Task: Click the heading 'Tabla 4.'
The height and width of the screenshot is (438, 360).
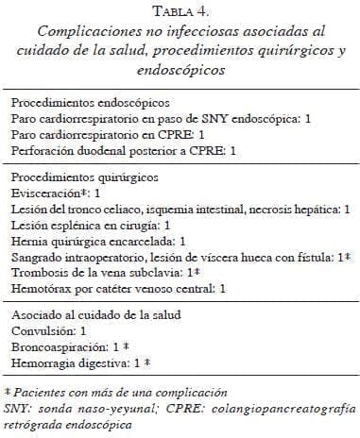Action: [x=180, y=11]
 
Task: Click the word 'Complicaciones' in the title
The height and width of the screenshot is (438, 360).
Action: [x=78, y=31]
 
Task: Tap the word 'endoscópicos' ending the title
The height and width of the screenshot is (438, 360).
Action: [x=180, y=68]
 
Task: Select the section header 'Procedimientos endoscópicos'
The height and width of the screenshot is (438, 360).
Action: [x=89, y=101]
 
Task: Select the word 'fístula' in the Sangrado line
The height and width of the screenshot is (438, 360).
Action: [x=317, y=258]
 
